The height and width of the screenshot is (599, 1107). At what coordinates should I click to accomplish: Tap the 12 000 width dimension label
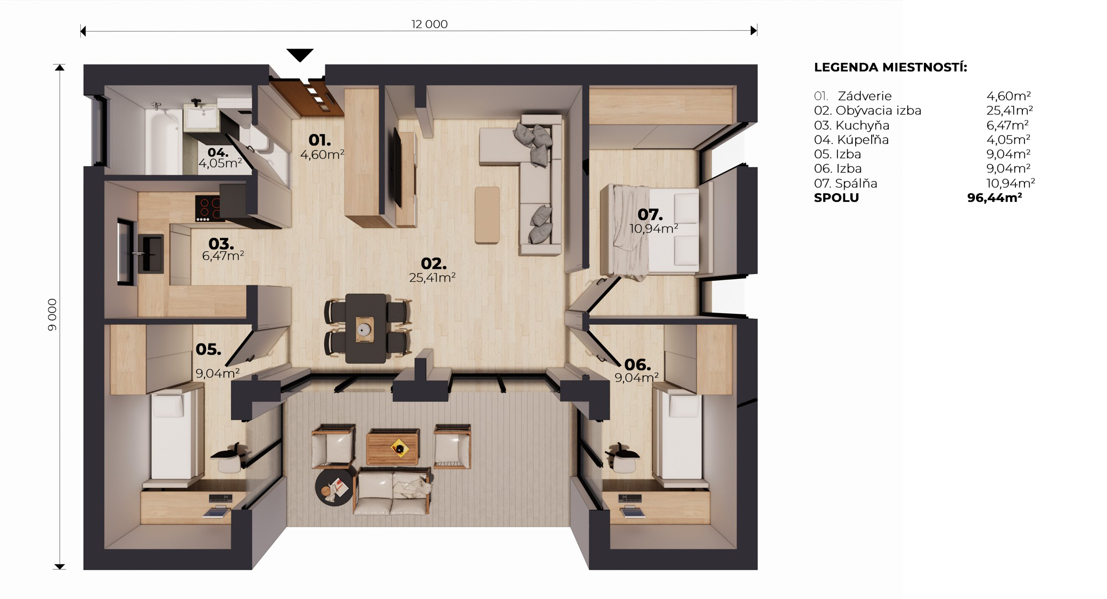[x=429, y=24]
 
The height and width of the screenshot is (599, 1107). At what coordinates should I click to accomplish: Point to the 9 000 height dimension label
[x=52, y=315]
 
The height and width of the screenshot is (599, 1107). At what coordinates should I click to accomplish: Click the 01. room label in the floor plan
[x=319, y=140]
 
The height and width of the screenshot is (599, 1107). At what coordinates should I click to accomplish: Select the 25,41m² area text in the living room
[x=432, y=277]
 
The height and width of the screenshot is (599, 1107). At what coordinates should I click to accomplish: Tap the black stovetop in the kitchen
[x=208, y=208]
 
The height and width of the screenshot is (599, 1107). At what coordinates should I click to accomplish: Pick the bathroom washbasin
[x=201, y=117]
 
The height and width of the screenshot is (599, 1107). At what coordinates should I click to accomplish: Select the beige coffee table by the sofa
[x=487, y=215]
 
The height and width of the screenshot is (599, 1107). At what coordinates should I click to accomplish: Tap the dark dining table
[x=365, y=328]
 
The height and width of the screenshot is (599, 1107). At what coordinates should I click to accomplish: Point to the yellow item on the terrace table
[x=398, y=448]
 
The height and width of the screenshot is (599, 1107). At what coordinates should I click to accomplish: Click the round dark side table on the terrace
[x=334, y=487]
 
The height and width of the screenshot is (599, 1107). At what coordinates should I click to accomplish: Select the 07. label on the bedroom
[x=650, y=215]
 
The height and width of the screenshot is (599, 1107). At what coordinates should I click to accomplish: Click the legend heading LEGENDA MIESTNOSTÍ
[x=890, y=68]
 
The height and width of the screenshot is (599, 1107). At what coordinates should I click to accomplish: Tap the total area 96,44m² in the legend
[x=994, y=198]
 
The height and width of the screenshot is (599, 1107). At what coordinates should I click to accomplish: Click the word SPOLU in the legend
[x=837, y=198]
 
